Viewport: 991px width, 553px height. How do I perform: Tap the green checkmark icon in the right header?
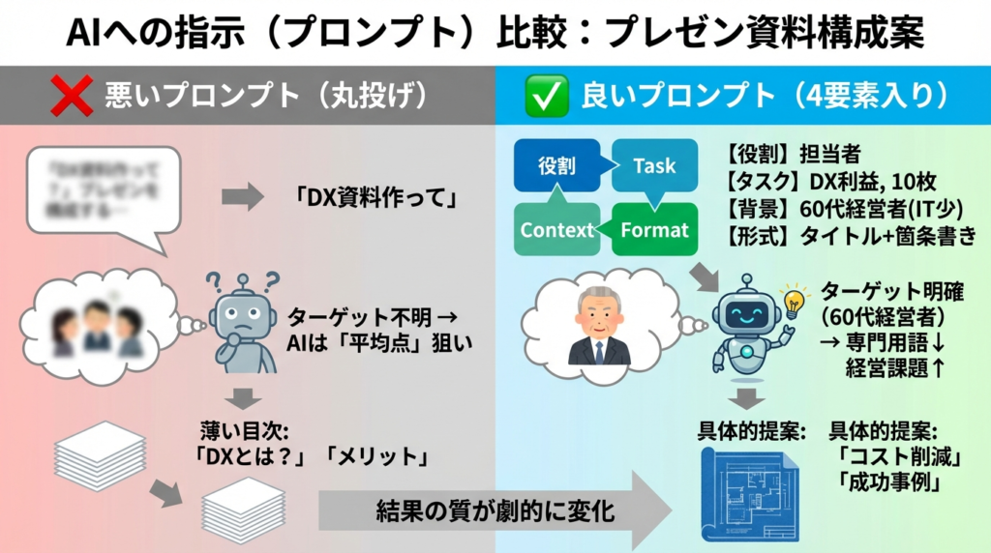click(544, 97)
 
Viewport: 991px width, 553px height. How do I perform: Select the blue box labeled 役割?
click(556, 165)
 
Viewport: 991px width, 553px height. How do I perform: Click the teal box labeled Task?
click(654, 165)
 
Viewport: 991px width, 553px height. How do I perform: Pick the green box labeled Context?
click(556, 230)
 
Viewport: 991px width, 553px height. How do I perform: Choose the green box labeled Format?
click(654, 230)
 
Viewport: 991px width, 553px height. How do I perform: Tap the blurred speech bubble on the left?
click(105, 189)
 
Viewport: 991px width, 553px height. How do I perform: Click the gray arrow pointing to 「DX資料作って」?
click(242, 198)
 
